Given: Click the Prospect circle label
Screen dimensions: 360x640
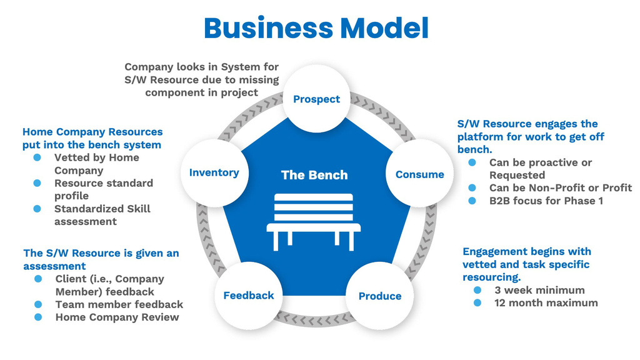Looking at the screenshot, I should (316, 99).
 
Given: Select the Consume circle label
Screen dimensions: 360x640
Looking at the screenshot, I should (419, 175).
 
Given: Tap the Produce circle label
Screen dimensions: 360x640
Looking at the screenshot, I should (380, 296).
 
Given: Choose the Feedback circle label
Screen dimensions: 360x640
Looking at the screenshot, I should (249, 296).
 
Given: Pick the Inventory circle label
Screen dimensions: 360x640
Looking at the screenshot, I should (214, 172).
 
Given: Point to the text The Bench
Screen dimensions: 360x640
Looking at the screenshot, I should (314, 175).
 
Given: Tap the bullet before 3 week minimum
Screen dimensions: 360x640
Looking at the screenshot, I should (478, 290).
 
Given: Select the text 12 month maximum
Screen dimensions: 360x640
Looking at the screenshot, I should (546, 303).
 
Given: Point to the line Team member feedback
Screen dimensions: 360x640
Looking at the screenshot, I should (119, 304).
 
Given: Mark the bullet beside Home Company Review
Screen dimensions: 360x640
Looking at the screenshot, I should (38, 317).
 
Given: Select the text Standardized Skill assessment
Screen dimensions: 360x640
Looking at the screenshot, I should (102, 215).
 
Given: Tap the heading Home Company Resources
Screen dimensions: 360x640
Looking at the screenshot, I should (92, 132).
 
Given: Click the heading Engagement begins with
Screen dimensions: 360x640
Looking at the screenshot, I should (527, 251).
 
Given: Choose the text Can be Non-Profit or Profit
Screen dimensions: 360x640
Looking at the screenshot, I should (561, 187).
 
